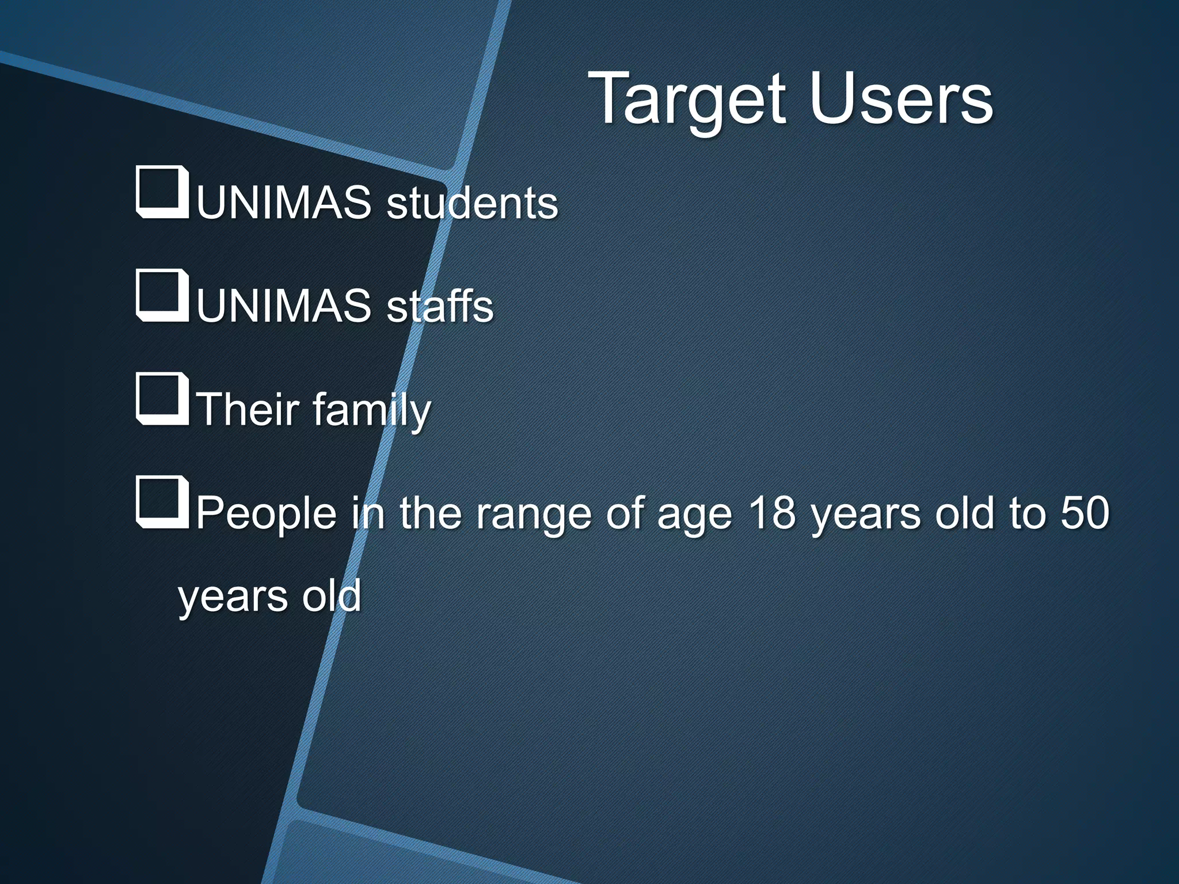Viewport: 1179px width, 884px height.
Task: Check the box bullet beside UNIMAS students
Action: tap(162, 192)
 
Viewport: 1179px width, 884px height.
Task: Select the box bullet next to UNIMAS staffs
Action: tap(162, 295)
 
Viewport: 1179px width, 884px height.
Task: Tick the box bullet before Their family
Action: tap(162, 399)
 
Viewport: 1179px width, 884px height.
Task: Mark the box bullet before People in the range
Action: tap(162, 502)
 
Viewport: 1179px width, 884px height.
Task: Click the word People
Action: tap(266, 513)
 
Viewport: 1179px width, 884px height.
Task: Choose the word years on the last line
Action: tap(233, 597)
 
